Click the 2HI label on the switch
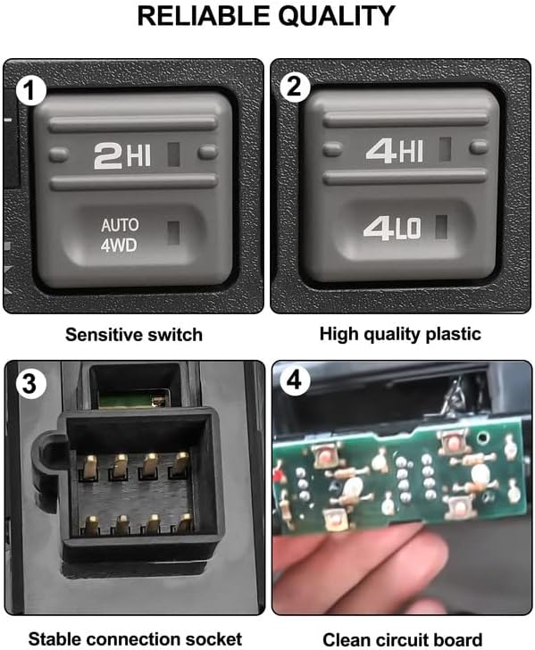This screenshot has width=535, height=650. click(123, 156)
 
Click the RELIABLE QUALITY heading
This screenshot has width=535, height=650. click(268, 16)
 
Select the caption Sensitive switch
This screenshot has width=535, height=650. click(134, 335)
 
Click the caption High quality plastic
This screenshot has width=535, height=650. click(400, 335)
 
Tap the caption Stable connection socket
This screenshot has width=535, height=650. click(134, 638)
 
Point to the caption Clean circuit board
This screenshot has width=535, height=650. click(400, 638)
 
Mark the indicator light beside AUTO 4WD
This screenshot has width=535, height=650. click(173, 232)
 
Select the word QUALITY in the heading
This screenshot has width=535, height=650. click(330, 16)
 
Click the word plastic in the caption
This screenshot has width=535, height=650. click(455, 335)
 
